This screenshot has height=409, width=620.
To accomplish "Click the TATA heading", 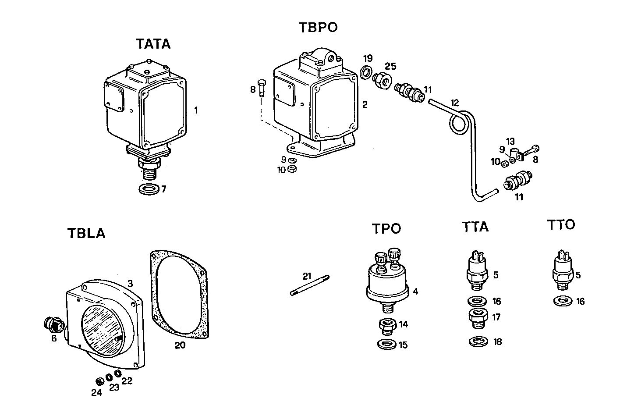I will [153, 44].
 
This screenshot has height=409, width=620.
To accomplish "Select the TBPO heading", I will [318, 27].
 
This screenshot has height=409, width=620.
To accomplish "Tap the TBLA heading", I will [86, 233].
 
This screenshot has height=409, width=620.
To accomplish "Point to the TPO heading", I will [386, 229].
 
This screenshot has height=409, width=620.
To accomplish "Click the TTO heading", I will [561, 225].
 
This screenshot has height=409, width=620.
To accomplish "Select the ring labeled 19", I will [366, 71].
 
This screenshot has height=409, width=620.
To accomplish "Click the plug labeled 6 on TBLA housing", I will [53, 325].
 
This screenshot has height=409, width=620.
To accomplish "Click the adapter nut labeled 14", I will [387, 326].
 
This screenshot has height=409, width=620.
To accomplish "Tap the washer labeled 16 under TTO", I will [562, 301].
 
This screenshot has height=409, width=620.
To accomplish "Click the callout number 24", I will [96, 393].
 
